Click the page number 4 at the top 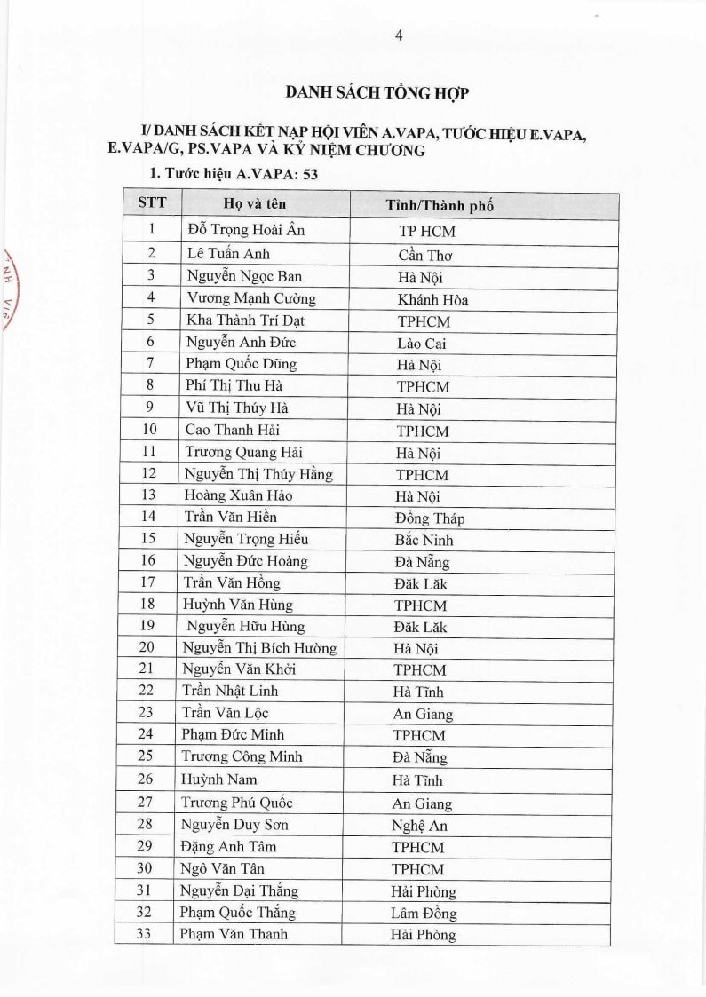[x=399, y=36]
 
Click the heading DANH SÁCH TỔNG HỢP [x=377, y=92]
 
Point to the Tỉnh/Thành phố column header [x=440, y=205]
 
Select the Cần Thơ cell [x=427, y=256]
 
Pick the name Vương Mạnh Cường [x=251, y=298]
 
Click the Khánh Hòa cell [x=432, y=300]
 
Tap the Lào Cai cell [x=422, y=343]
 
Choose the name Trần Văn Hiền [x=231, y=517]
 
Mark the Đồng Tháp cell [x=430, y=518]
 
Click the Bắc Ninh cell [x=424, y=540]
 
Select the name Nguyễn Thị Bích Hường [x=259, y=648]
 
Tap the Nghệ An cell [x=419, y=825]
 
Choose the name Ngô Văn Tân [x=223, y=868]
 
